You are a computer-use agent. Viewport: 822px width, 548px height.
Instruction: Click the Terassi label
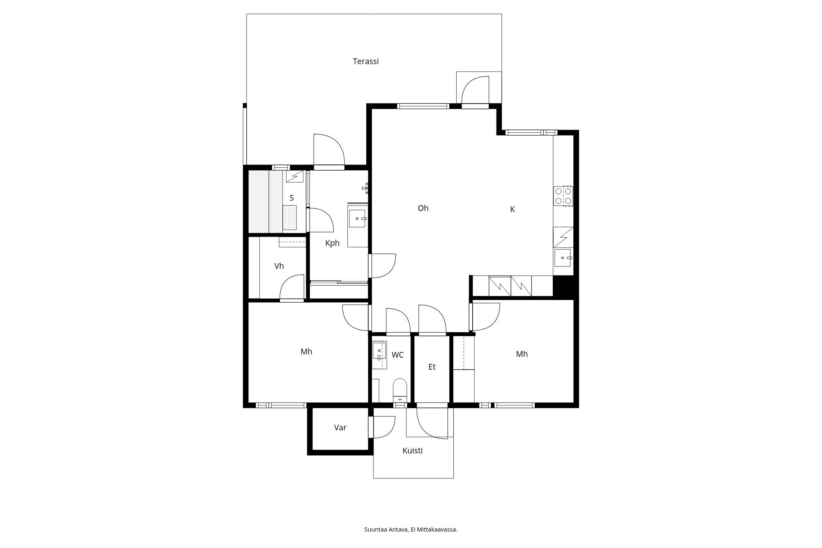[365, 61]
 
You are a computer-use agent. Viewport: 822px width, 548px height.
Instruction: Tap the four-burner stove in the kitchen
[563, 196]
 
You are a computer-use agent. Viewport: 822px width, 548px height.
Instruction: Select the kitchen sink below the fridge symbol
[563, 258]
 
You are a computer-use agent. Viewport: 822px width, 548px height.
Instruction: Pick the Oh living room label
[423, 208]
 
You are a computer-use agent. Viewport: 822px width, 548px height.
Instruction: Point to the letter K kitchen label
[512, 209]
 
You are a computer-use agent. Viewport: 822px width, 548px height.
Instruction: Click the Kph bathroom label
[332, 243]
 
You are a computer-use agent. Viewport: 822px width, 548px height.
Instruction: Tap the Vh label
[279, 266]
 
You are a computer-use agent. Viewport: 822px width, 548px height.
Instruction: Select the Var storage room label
[340, 428]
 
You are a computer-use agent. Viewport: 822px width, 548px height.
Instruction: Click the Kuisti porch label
[412, 451]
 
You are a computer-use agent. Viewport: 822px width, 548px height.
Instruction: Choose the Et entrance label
[432, 367]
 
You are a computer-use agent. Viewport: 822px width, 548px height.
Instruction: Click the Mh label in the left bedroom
[306, 351]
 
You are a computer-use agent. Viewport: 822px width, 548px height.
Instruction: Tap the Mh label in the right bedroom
[522, 354]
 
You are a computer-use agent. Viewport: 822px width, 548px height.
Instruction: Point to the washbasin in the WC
[379, 351]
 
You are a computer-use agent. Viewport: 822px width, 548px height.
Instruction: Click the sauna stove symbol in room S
[295, 176]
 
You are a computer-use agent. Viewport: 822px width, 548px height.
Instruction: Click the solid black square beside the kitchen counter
[563, 286]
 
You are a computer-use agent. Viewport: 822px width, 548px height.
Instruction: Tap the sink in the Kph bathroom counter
[357, 218]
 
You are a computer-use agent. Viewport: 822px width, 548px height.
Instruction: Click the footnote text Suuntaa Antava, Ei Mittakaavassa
[411, 530]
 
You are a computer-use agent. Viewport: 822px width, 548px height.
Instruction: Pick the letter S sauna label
[291, 198]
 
